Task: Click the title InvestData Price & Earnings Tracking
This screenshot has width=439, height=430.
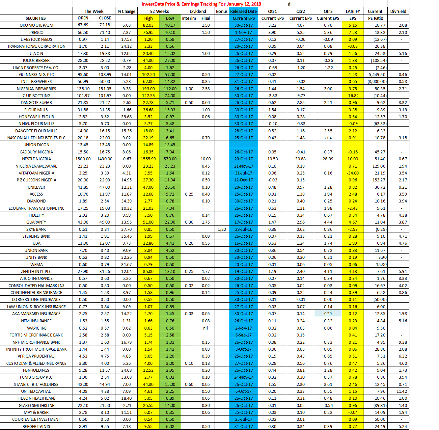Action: pos(201,4)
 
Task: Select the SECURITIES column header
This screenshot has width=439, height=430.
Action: pos(36,18)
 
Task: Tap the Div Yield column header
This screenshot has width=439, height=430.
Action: pos(398,11)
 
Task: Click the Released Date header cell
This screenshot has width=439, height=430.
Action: pos(243,11)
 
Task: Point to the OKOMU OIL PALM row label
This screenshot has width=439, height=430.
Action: pos(36,25)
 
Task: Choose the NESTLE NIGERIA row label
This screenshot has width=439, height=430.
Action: pos(36,159)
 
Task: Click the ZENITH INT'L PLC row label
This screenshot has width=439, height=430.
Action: pos(36,271)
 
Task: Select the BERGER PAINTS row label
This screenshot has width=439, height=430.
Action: pos(36,426)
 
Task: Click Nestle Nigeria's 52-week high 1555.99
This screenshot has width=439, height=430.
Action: pos(148,159)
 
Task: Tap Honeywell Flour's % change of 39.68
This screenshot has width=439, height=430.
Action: pos(126,117)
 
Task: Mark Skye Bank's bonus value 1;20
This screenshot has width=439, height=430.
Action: pos(222,229)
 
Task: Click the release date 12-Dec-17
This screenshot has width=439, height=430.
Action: pos(243,180)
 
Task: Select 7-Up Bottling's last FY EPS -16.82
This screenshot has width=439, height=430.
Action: pos(353,95)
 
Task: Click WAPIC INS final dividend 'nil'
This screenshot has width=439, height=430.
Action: pos(206,328)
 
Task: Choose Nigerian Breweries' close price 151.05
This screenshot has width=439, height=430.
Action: pos(105,89)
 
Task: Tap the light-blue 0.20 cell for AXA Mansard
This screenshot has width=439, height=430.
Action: pos(328,313)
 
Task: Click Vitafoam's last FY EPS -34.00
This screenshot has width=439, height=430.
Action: pos(353,173)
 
